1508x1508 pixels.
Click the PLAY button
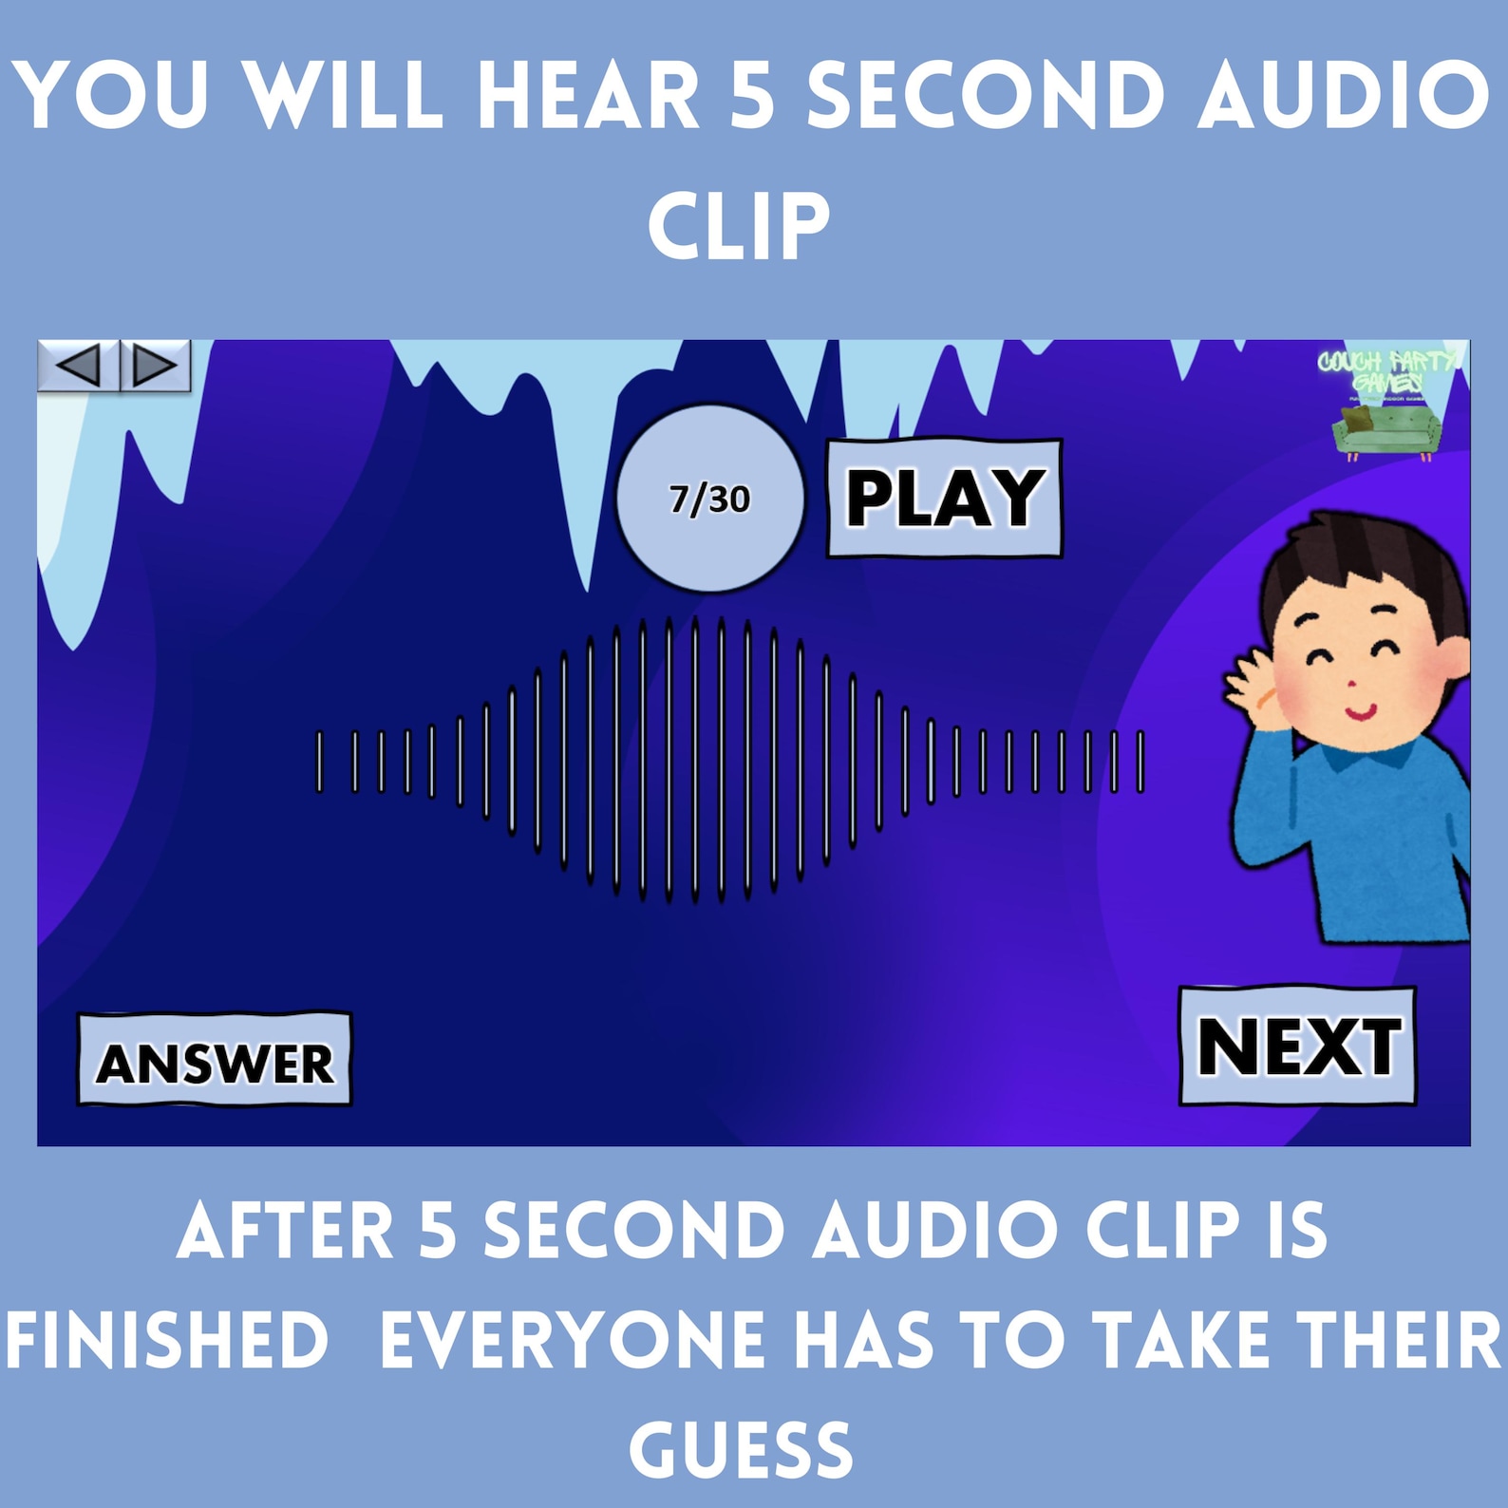(x=944, y=498)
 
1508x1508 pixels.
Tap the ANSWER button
(x=215, y=1060)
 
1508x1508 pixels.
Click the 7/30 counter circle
(x=710, y=499)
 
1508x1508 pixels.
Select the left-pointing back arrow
(x=78, y=365)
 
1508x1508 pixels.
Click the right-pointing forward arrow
(x=155, y=365)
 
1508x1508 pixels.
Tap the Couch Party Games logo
(x=1387, y=403)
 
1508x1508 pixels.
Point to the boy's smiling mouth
(x=1360, y=709)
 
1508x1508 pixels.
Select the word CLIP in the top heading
(x=739, y=226)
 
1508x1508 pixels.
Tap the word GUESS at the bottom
(x=741, y=1450)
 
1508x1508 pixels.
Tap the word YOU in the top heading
(x=112, y=97)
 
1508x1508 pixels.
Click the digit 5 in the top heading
(x=753, y=97)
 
